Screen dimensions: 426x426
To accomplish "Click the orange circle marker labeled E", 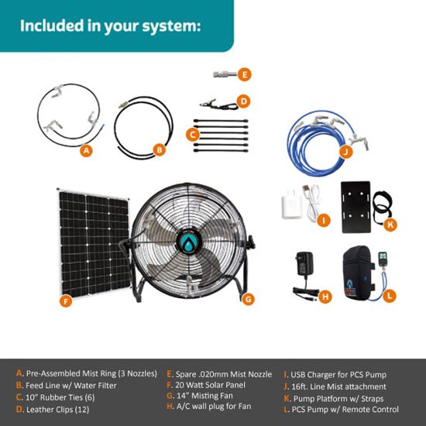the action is pyautogui.click(x=244, y=74).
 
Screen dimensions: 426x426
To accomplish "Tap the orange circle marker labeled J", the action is pyautogui.click(x=346, y=152).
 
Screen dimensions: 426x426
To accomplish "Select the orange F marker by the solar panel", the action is pyautogui.click(x=66, y=301).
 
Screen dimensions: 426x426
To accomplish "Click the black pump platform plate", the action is pyautogui.click(x=356, y=207).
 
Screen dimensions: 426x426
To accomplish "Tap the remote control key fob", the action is pyautogui.click(x=383, y=260).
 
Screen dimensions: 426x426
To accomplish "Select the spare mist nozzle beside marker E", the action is pyautogui.click(x=225, y=74).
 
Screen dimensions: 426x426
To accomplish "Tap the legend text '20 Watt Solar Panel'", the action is pyautogui.click(x=210, y=385).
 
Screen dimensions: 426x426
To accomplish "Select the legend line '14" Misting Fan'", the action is pyautogui.click(x=204, y=396).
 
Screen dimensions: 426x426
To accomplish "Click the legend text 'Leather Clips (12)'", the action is pyautogui.click(x=57, y=409).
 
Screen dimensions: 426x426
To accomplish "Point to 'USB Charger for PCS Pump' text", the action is pyautogui.click(x=338, y=375).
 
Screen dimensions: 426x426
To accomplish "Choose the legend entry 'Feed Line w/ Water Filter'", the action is pyautogui.click(x=71, y=385).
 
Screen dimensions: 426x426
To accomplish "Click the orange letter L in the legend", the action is pyautogui.click(x=286, y=409).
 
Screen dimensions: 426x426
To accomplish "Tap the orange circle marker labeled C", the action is pyautogui.click(x=193, y=135).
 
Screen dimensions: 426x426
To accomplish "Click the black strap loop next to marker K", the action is pyautogui.click(x=382, y=207).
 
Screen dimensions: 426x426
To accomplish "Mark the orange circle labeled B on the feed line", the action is pyautogui.click(x=160, y=149).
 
